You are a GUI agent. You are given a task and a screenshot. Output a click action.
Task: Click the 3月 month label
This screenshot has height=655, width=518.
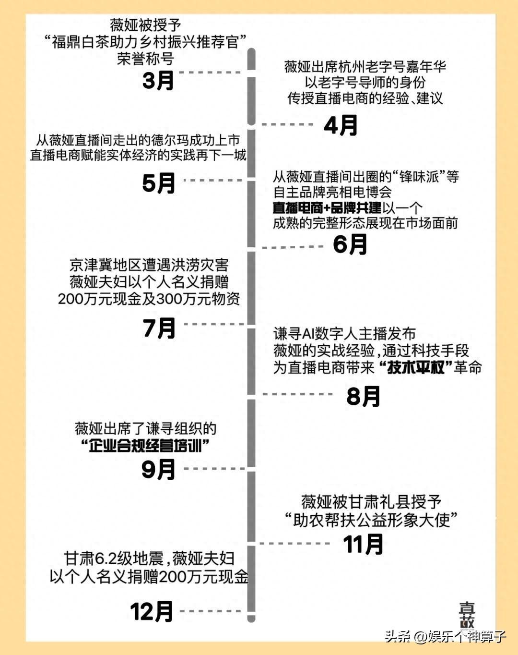(x=158, y=80)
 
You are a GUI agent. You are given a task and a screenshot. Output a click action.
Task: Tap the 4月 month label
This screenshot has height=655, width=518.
(x=341, y=125)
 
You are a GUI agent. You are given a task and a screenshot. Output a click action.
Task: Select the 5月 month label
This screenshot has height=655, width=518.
(x=159, y=183)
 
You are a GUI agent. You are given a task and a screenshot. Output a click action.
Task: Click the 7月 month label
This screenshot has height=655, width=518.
(x=159, y=328)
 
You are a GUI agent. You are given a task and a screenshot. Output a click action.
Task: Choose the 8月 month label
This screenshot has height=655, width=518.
(x=363, y=397)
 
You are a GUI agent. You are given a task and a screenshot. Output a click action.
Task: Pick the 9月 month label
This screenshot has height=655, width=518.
(x=158, y=469)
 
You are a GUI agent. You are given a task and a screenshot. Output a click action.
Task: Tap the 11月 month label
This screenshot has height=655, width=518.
(x=363, y=545)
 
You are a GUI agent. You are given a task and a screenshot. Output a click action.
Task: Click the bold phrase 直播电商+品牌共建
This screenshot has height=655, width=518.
(x=327, y=207)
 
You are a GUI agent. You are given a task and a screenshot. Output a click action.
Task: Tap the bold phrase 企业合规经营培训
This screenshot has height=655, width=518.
(x=146, y=446)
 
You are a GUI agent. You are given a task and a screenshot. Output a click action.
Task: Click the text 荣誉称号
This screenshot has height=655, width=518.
(x=145, y=59)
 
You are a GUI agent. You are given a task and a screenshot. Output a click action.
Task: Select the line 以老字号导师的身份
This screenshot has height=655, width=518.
(x=365, y=82)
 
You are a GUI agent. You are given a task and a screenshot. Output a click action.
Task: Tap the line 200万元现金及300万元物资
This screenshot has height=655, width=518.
(x=149, y=298)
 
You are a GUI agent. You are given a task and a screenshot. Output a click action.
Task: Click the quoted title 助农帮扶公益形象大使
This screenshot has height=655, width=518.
(x=371, y=520)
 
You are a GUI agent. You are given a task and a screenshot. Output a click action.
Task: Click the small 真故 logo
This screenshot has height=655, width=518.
(x=467, y=615)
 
